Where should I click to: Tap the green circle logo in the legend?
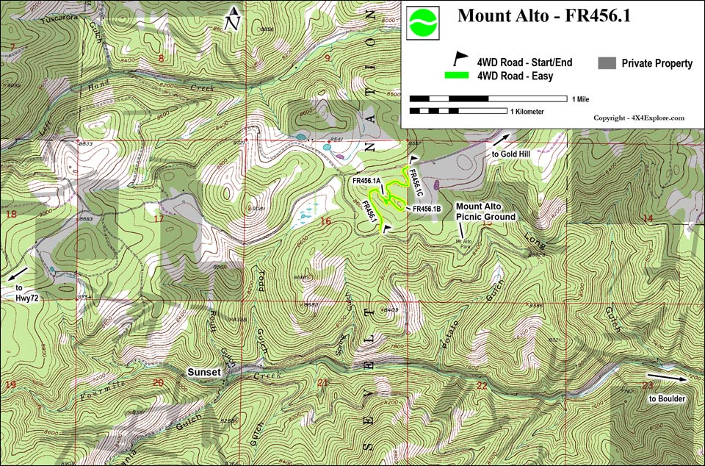[423, 22]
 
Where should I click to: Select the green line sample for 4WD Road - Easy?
[460, 75]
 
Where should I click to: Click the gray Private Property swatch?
[607, 63]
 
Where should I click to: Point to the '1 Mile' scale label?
[579, 98]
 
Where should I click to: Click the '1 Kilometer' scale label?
[527, 112]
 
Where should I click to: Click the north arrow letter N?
[233, 23]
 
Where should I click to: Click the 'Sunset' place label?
[203, 373]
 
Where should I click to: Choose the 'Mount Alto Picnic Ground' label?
[485, 212]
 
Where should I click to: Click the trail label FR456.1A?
[366, 181]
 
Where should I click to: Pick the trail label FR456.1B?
[426, 209]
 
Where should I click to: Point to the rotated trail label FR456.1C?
[416, 183]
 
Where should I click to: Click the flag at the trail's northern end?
[414, 158]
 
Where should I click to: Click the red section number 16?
[326, 221]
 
